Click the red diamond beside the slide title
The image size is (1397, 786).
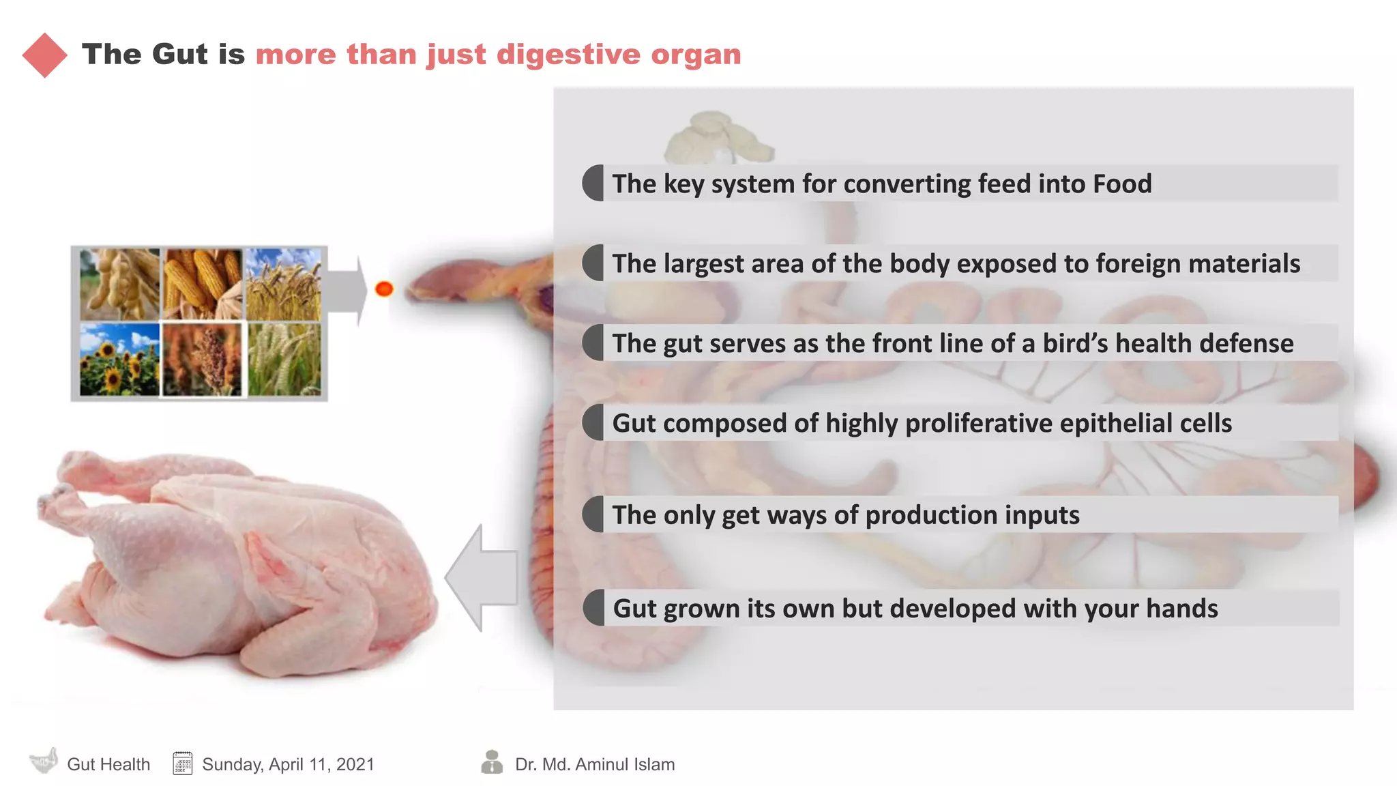[44, 55]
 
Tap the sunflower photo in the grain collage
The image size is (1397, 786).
[119, 360]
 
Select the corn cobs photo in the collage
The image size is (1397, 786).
[203, 284]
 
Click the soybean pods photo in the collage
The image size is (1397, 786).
[119, 284]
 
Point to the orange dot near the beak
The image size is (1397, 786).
[384, 289]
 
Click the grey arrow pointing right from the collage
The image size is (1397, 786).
[348, 290]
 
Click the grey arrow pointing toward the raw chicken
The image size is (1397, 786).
[481, 577]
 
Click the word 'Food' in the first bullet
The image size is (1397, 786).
[1122, 184]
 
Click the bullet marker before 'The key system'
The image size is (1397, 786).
[593, 183]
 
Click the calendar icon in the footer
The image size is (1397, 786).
[182, 763]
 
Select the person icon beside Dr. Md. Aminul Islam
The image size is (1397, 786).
[491, 762]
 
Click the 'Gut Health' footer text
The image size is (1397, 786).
[108, 764]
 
